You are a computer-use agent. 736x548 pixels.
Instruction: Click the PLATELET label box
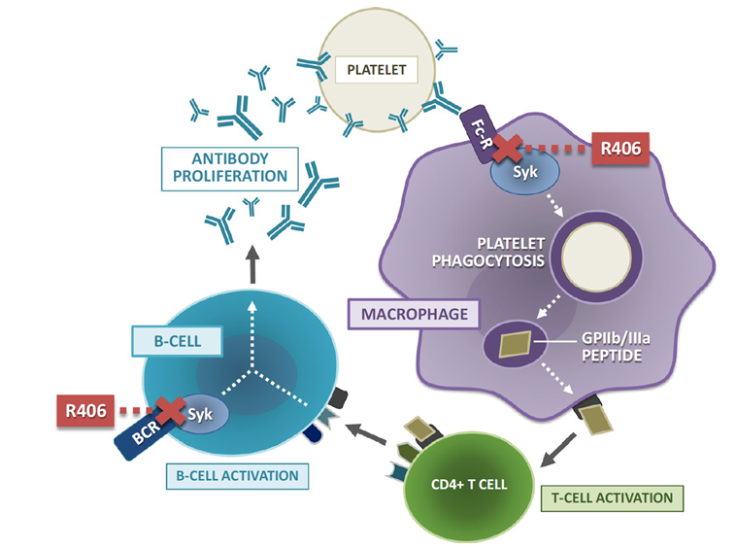[x=378, y=70]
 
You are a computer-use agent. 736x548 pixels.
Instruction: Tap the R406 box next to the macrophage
[x=620, y=150]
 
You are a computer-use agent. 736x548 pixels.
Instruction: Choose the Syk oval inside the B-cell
[x=200, y=412]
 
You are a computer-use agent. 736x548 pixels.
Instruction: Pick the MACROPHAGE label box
[x=403, y=313]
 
